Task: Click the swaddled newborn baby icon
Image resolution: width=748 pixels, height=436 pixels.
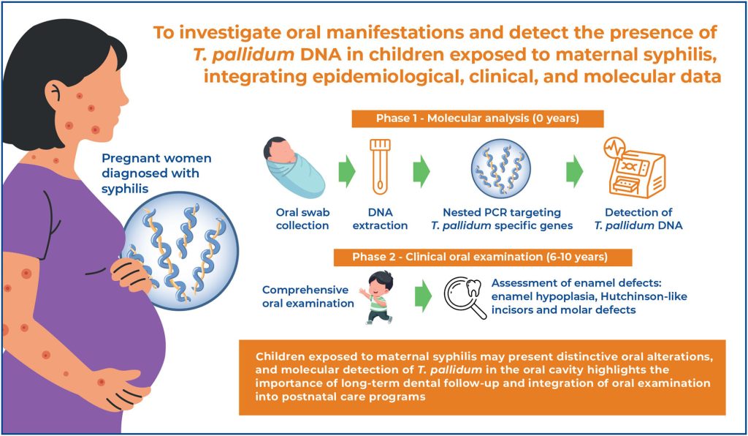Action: click(x=294, y=168)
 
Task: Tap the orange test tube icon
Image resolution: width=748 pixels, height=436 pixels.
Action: click(x=380, y=167)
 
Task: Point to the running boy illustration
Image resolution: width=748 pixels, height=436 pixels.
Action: click(x=376, y=298)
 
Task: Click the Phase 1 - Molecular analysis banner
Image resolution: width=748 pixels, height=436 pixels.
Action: click(x=478, y=119)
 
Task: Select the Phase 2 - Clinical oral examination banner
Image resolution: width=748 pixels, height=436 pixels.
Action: click(x=482, y=257)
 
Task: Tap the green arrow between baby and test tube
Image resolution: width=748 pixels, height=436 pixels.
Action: click(x=347, y=171)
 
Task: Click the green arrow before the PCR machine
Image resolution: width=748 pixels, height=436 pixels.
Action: click(x=575, y=171)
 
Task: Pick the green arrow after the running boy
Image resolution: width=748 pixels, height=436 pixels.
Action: click(x=423, y=296)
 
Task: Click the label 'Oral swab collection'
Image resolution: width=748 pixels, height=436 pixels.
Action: click(x=302, y=219)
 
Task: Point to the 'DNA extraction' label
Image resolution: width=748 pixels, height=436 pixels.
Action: click(x=380, y=219)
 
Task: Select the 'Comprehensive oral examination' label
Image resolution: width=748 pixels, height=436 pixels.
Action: click(x=308, y=296)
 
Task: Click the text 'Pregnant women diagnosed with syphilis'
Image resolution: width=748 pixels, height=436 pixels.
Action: click(x=156, y=173)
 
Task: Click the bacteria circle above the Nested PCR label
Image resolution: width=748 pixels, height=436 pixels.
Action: click(x=501, y=168)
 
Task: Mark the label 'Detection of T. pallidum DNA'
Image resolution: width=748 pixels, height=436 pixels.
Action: click(x=638, y=219)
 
